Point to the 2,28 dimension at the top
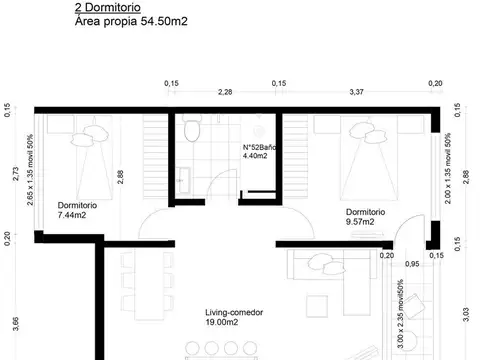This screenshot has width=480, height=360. (226, 93)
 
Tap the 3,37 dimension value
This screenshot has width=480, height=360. (355, 93)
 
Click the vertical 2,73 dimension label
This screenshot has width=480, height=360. (14, 174)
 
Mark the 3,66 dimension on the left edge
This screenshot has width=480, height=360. (14, 323)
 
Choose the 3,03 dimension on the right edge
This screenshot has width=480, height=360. (466, 319)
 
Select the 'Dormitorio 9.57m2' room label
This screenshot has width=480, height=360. (366, 217)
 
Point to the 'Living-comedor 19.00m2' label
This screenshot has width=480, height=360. (207, 317)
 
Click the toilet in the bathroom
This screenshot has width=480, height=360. (194, 131)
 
